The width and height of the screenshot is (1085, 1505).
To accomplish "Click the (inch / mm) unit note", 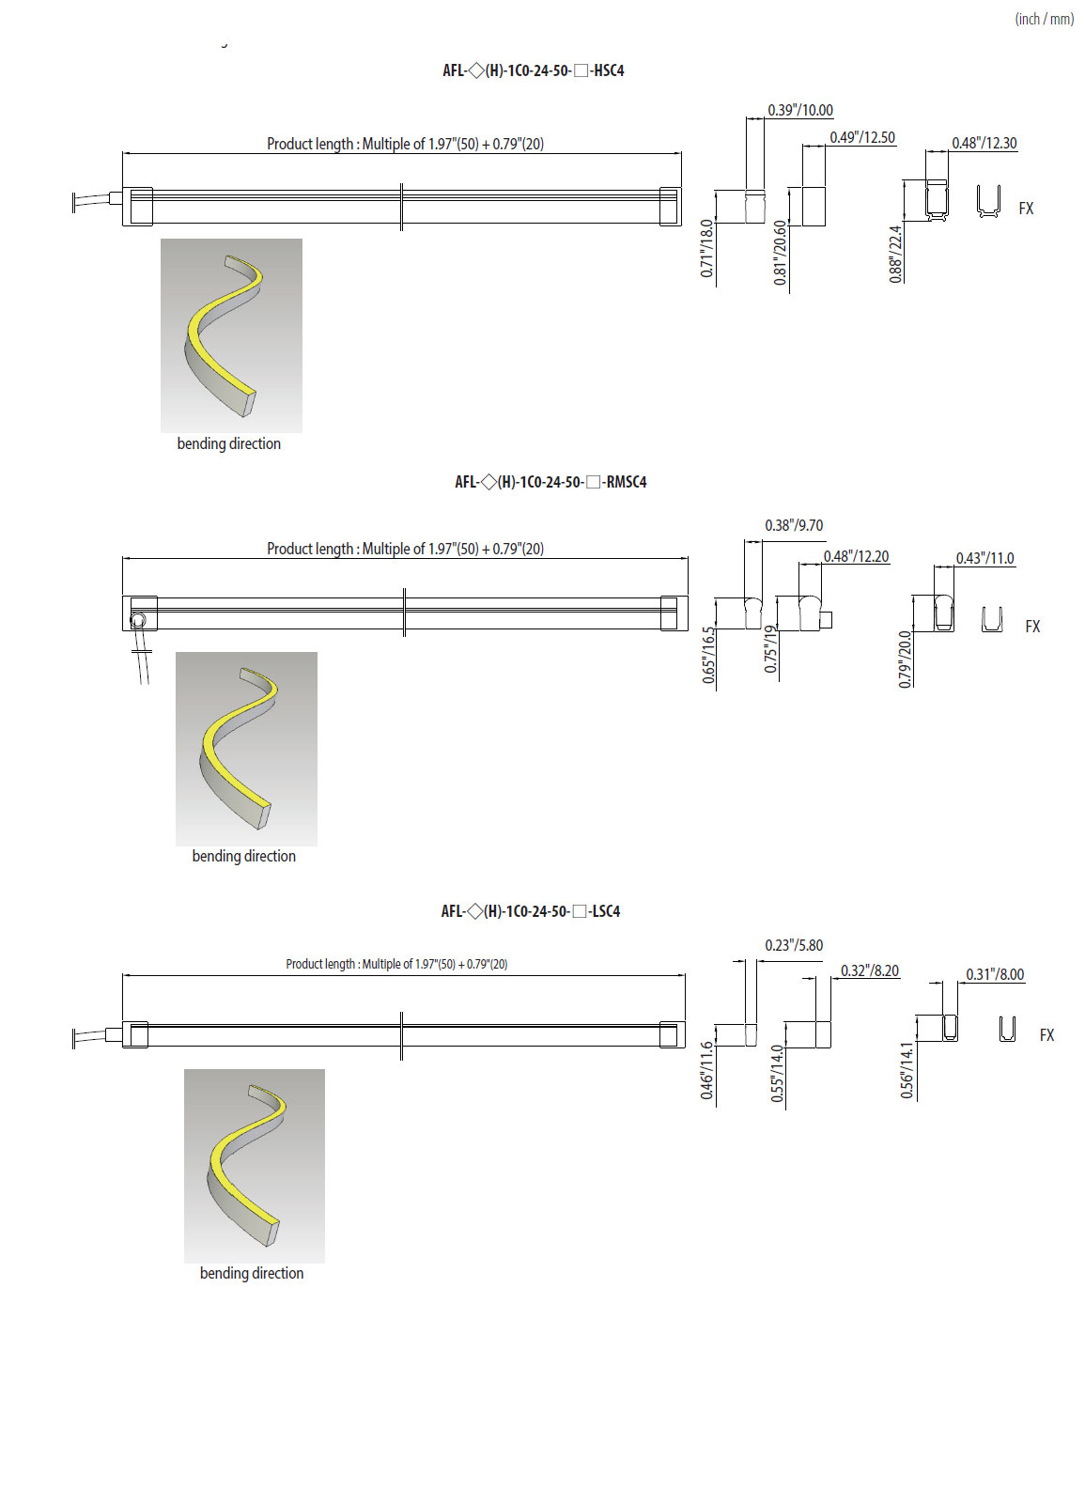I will click(x=1044, y=19).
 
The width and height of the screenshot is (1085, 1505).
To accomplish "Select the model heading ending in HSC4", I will click(x=533, y=70).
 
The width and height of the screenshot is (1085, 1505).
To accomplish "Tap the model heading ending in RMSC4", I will click(x=550, y=482).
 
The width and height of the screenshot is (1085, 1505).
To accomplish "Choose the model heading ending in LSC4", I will click(x=531, y=911).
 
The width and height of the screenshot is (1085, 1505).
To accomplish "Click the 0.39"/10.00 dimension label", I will click(x=799, y=110).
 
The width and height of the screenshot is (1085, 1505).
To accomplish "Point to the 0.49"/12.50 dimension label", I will click(x=861, y=137).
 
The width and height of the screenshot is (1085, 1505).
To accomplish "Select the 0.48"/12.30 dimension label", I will click(x=984, y=143).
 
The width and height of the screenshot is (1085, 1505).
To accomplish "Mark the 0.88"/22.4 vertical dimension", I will click(x=895, y=254).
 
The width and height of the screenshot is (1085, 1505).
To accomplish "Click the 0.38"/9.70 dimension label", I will click(x=794, y=525).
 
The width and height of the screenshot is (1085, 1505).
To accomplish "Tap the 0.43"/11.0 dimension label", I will click(x=984, y=558).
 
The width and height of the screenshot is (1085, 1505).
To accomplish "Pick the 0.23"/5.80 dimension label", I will click(x=794, y=945).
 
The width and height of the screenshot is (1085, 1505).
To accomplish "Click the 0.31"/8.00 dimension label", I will click(x=995, y=974).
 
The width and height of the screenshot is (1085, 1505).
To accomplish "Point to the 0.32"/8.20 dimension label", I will click(x=869, y=970).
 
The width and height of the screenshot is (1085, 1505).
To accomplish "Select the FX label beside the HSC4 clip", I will click(x=1026, y=209).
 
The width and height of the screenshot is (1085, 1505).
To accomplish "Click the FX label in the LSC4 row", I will click(x=1046, y=1035).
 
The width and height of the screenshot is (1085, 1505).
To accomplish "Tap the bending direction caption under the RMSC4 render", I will click(x=243, y=856).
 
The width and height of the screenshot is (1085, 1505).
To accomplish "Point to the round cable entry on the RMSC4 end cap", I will click(x=137, y=620).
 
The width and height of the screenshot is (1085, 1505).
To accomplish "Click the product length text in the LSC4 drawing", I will click(x=396, y=964).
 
